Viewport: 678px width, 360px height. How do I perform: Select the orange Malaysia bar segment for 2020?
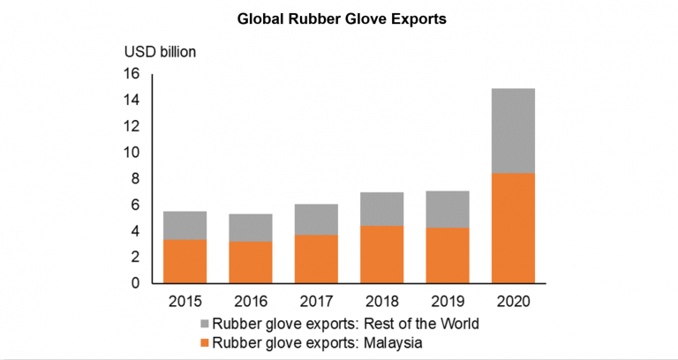(513, 228)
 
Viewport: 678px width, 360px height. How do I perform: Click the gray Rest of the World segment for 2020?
(513, 131)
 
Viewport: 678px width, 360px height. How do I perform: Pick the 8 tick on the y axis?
(135, 178)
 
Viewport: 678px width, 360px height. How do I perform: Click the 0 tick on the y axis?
(135, 283)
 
